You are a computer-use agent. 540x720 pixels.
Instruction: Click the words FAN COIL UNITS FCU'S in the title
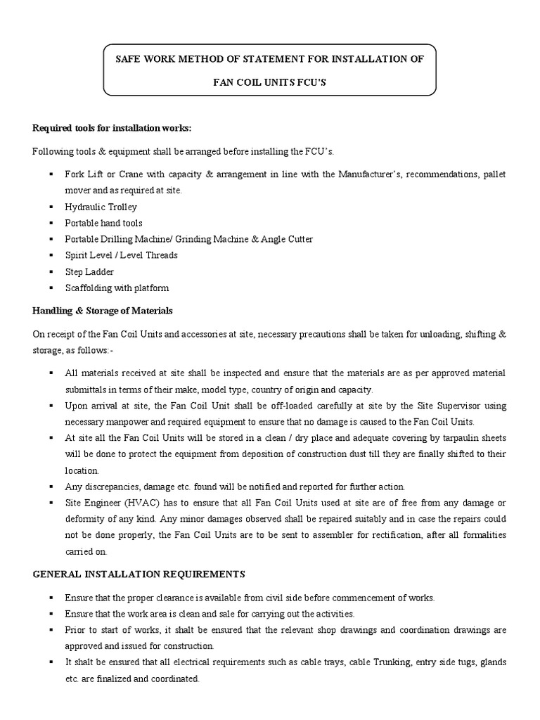(x=270, y=82)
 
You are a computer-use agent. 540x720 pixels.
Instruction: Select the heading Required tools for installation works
(x=112, y=127)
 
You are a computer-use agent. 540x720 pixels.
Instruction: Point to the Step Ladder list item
(x=89, y=271)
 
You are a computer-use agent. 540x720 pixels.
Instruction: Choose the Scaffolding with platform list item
(x=117, y=288)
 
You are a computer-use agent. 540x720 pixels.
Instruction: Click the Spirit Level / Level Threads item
(x=121, y=255)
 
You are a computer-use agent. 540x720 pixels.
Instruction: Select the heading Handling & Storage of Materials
(x=103, y=310)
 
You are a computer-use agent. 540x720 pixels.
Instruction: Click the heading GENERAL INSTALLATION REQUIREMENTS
(x=139, y=574)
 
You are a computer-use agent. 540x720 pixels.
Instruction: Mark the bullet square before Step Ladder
(x=51, y=271)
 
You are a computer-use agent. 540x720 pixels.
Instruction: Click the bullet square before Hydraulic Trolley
(x=51, y=207)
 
